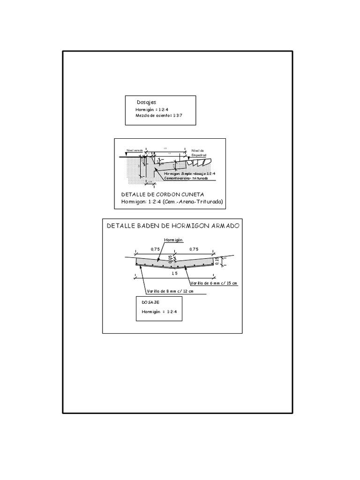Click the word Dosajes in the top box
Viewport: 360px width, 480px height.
point(146,102)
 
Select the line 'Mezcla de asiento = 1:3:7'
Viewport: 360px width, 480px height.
point(158,115)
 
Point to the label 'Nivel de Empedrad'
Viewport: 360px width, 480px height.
point(198,153)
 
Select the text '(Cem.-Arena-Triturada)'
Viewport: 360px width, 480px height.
point(191,202)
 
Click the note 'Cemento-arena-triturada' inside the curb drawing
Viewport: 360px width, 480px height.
point(182,178)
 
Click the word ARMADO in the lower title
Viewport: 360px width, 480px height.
point(223,225)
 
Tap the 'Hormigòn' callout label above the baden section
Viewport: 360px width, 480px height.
point(173,240)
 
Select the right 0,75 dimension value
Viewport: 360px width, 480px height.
point(194,250)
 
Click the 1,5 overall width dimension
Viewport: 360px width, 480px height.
point(174,273)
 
